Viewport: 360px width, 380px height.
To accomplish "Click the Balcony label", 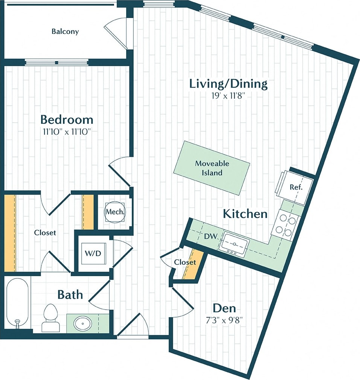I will coord(65,31).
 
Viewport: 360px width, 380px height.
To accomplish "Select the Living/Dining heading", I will coord(228,84).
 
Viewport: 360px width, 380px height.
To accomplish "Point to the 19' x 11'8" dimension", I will coord(229,96).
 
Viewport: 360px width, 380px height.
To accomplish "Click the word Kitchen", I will coord(245,214).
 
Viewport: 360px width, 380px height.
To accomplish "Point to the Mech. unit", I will coord(115,212).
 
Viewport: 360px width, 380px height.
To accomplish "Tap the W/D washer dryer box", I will coord(93,253).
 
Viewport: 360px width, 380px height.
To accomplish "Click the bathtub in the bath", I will coord(17,303).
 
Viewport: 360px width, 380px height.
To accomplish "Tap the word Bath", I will coord(70,294).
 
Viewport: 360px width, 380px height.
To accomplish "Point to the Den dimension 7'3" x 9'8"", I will coord(224,321).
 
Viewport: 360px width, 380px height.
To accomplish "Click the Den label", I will coord(224,308).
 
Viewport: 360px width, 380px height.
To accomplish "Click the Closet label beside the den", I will coord(185,262).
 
